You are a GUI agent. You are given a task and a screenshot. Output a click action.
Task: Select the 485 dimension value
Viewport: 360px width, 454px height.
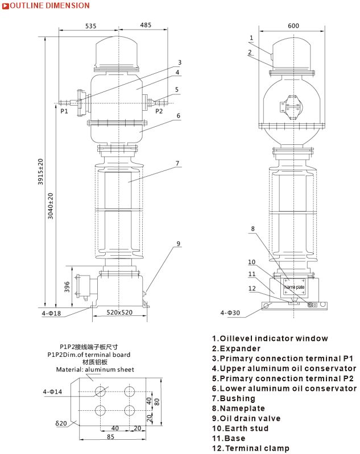pos(145,26)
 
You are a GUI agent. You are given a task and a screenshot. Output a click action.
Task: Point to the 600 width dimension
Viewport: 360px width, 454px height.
pos(293,26)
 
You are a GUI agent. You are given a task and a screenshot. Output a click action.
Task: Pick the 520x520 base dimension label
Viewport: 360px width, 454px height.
pos(119,313)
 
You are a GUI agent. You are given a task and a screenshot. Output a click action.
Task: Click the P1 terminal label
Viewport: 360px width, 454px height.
pos(64,111)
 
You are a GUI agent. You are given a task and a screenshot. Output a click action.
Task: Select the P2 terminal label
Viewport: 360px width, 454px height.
pos(159,111)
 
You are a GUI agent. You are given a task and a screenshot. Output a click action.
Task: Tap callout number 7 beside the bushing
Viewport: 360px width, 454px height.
pos(177,164)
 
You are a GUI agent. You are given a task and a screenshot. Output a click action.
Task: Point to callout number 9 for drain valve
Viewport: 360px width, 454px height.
pos(178,244)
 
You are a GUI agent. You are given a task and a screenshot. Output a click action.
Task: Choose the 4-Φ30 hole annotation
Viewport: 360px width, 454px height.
pos(230,313)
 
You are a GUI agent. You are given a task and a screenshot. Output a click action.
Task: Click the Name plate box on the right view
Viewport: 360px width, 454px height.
pos(295,287)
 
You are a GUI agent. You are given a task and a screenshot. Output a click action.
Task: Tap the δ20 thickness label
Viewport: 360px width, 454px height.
pos(61,423)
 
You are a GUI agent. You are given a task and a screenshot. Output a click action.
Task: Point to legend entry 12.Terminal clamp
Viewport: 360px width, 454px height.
pos(250,448)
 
